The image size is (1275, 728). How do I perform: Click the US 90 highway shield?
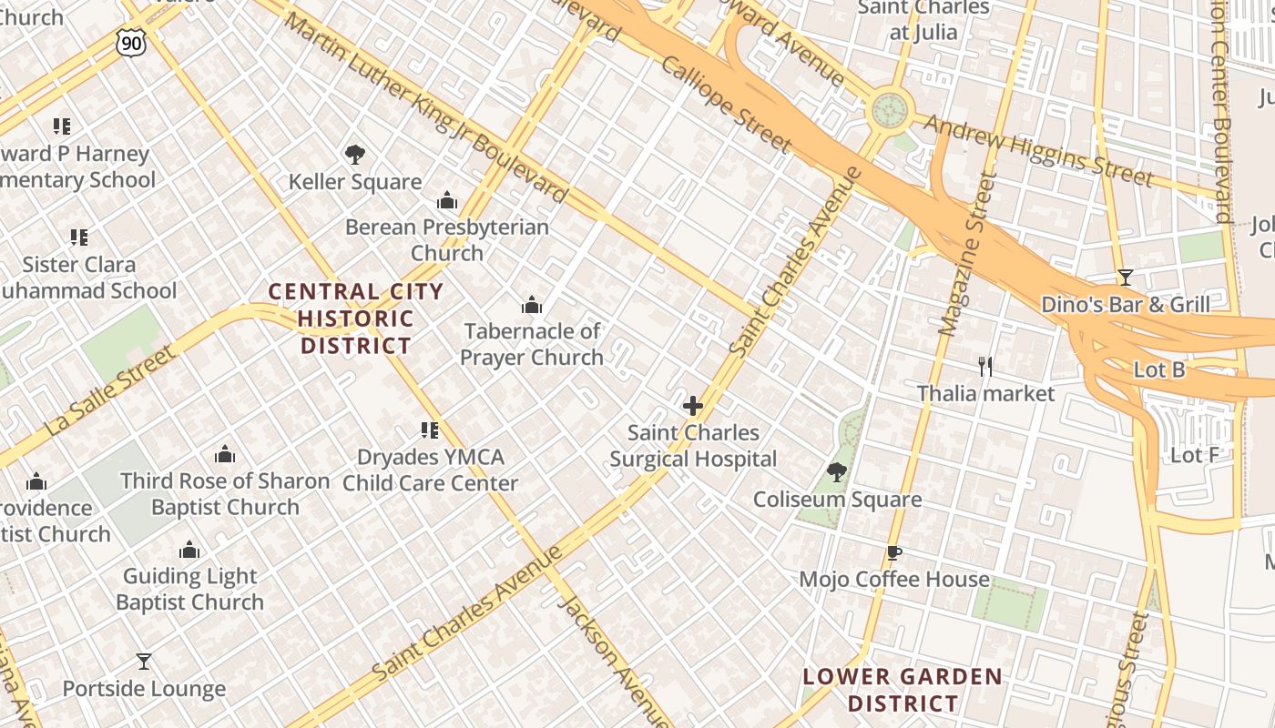coord(130,41)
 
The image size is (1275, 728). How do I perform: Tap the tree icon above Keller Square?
coord(355,155)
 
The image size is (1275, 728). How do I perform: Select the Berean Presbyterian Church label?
coord(446,239)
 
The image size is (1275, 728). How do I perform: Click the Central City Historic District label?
coord(355,318)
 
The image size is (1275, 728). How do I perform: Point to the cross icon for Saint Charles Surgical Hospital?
coord(693,406)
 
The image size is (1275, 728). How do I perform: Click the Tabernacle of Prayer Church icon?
coord(532,305)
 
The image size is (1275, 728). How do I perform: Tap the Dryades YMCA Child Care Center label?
coord(430,470)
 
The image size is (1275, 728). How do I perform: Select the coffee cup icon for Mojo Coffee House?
coord(894,552)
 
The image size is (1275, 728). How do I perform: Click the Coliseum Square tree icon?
coord(837,472)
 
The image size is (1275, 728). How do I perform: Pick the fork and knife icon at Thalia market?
coord(984,367)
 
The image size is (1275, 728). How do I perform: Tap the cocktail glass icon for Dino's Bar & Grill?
coord(1126,278)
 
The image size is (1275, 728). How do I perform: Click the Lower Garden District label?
coord(902,690)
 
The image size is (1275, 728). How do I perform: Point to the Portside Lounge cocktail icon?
coord(144,662)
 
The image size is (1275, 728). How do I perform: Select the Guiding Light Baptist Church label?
coord(189,589)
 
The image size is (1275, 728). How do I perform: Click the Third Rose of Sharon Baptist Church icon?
coord(225,454)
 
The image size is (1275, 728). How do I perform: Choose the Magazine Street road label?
coord(964,255)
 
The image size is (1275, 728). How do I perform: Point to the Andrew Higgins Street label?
coord(1038,150)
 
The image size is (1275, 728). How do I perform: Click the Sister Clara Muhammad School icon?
coord(79,238)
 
